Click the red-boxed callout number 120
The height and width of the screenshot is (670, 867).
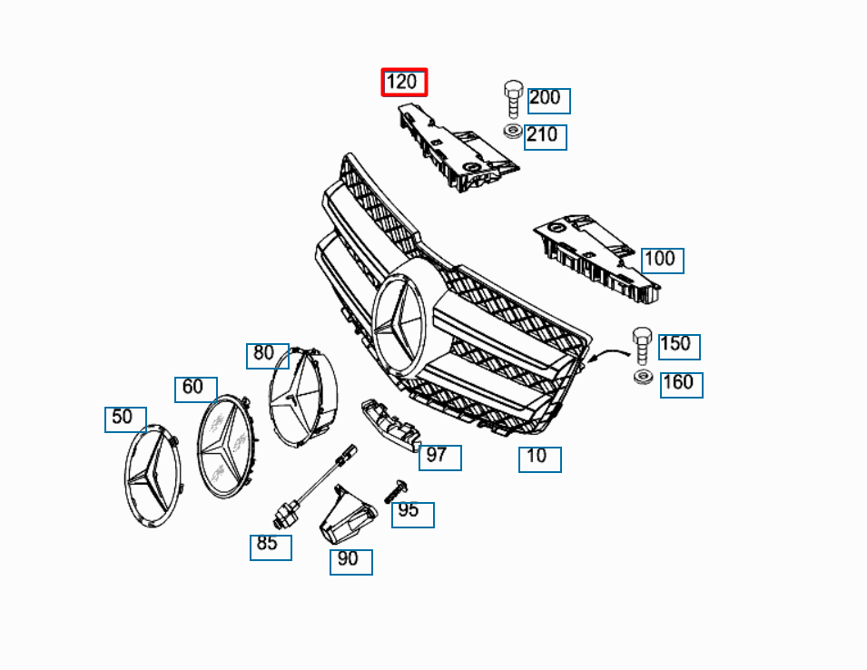pos(403,83)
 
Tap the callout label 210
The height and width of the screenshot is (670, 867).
pos(545,137)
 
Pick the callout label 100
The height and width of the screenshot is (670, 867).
pos(662,261)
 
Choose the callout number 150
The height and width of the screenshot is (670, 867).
pos(678,346)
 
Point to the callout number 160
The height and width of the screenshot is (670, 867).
pos(681,384)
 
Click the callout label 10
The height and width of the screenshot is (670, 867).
pos(539,458)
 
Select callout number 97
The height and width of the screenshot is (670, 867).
pos(439,457)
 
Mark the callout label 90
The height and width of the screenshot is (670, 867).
pos(350,561)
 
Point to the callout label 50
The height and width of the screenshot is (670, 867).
pos(125,419)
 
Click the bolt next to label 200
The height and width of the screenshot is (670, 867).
pos(513,97)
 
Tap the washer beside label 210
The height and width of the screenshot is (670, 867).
pos(513,133)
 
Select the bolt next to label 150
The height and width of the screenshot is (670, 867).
pos(643,344)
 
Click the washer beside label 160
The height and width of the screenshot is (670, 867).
pos(644,377)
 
